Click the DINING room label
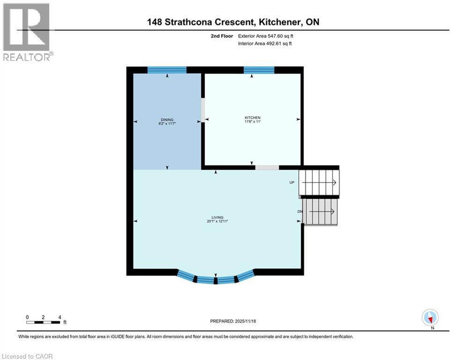pos(167,120)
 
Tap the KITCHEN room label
pos(252,118)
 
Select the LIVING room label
pos(215,217)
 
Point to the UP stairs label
pos(292,182)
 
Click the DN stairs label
pos(300,211)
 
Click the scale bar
pos(43,322)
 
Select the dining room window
pos(167,70)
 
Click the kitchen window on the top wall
pos(259,70)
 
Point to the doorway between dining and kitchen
pos(203,108)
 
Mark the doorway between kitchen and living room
pos(267,167)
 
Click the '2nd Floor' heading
pos(222,36)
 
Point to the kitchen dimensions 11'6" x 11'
pos(252,122)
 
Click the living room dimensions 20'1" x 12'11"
pos(215,221)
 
